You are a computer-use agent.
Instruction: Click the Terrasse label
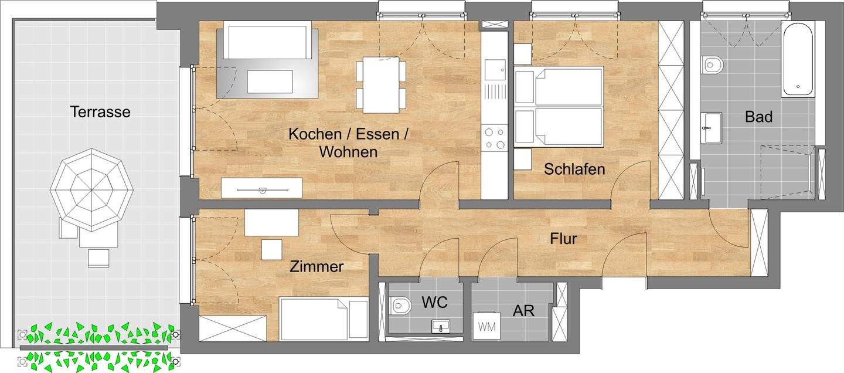click(100, 111)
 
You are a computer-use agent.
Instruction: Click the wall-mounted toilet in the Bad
click(712, 64)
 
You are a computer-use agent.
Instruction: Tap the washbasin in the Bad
click(712, 127)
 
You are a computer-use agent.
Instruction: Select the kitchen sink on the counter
click(494, 70)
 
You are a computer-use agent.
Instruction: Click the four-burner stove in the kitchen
click(494, 138)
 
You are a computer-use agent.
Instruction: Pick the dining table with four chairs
click(381, 84)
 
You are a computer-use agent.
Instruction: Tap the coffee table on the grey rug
click(270, 82)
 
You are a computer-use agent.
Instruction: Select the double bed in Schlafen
click(560, 106)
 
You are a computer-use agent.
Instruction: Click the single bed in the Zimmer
click(324, 318)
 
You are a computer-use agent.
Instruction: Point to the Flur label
click(563, 239)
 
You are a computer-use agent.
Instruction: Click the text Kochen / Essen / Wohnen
click(348, 143)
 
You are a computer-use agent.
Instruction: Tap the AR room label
click(523, 310)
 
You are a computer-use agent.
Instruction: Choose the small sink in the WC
click(440, 326)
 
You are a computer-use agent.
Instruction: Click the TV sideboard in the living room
click(261, 188)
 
